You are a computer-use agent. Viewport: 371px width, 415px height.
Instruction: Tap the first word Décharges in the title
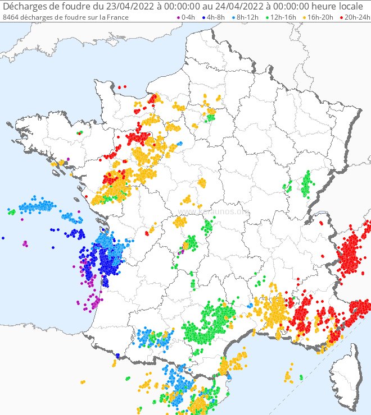click(25, 6)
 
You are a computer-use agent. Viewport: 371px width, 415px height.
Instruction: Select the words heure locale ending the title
click(337, 6)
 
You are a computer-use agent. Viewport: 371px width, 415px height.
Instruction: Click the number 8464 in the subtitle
click(11, 17)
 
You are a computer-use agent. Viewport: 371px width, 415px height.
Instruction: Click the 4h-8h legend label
click(216, 17)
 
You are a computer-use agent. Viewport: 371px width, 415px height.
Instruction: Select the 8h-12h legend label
click(247, 17)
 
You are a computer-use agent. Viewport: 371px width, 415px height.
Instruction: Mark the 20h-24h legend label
click(356, 17)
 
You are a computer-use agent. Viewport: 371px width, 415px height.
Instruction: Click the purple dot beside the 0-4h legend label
click(178, 17)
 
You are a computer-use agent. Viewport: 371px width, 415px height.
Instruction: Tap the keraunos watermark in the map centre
click(214, 212)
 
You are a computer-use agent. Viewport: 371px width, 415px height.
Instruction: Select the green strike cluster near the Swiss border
click(306, 184)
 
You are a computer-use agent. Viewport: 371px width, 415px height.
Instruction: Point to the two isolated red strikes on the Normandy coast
click(122, 87)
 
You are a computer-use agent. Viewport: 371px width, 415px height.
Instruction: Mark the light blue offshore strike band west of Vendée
click(37, 206)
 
